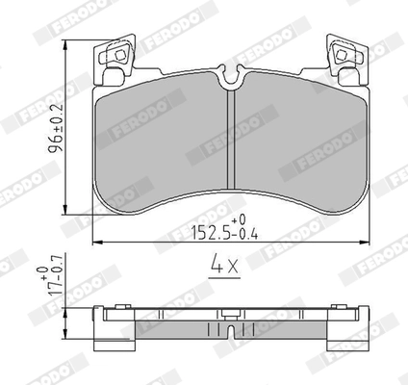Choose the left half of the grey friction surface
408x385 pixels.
[159, 144]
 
